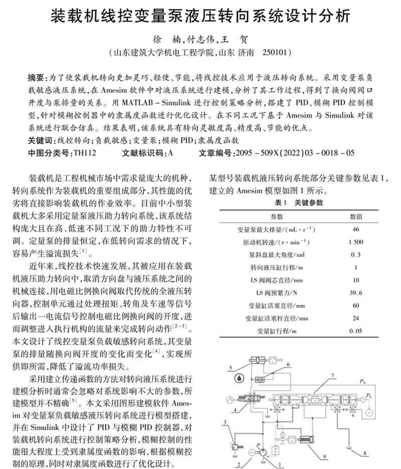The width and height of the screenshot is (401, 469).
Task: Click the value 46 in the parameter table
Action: [356, 229]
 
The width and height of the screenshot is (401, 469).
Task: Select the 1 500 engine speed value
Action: [356, 242]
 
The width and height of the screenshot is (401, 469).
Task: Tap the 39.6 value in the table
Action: [356, 292]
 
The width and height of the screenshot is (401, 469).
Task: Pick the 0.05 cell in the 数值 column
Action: [356, 331]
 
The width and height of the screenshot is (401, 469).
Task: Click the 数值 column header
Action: [356, 216]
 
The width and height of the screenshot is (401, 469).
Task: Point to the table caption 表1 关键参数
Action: [299, 203]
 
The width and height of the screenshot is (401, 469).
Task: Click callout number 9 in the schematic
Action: [325, 456]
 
